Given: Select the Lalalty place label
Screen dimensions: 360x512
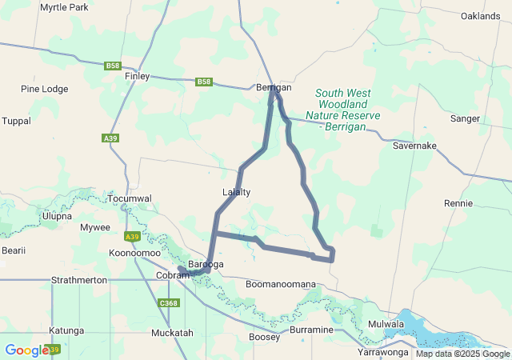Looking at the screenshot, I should point(236,192).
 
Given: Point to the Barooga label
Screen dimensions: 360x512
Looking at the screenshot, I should point(206,264).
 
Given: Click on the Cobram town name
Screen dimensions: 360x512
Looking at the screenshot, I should point(172,275).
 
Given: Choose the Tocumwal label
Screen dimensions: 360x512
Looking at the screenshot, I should point(129,198).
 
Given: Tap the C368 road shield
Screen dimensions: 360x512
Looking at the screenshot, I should point(169,303).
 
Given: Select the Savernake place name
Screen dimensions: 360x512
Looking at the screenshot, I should point(414,146).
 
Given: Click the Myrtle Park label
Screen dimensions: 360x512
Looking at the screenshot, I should point(64,7).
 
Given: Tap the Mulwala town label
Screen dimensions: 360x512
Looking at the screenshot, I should point(386,324).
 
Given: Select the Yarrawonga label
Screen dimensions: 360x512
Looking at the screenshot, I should point(383,351).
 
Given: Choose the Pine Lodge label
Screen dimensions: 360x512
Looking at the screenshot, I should point(44,89).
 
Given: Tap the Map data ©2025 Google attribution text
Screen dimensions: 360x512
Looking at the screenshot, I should point(462,354).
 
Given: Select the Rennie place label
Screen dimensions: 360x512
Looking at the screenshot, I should point(458,203).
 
